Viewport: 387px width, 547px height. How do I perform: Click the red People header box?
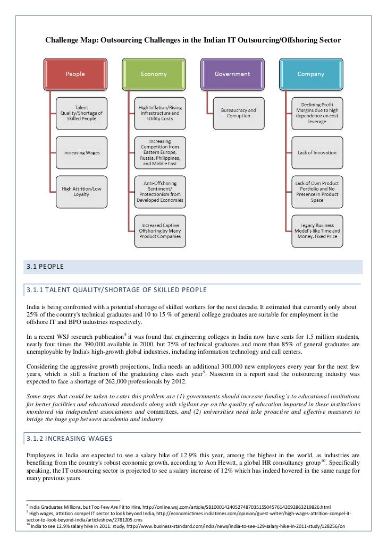point(74,74)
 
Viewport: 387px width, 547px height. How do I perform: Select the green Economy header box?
point(154,74)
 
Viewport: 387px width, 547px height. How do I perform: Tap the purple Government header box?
point(232,74)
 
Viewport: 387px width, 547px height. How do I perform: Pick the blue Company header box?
point(311,74)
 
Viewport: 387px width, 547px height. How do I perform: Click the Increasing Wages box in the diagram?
point(81,152)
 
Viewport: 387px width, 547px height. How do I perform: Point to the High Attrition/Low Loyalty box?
point(81,191)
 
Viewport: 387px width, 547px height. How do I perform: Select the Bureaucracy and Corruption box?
point(239,113)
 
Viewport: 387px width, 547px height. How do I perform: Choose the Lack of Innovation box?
point(317,152)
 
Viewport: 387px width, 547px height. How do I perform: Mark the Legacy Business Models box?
point(317,230)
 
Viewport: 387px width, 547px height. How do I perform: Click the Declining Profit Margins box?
point(317,113)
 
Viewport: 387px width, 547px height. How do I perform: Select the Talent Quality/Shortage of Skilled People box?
point(81,113)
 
